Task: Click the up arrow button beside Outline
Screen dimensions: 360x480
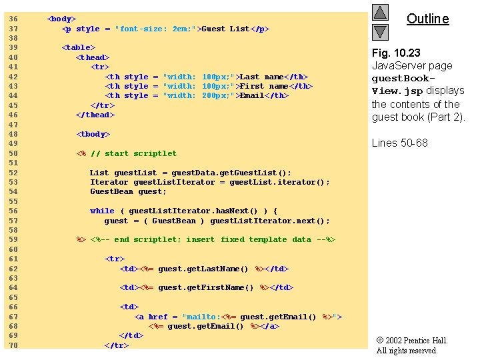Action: pos(380,12)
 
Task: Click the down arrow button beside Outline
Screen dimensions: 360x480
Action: pos(380,31)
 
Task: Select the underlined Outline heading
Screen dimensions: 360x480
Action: pos(427,19)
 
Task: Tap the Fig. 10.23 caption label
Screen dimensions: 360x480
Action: pos(396,53)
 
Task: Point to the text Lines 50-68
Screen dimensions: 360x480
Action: pos(399,143)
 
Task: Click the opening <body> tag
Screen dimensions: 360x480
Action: pos(61,19)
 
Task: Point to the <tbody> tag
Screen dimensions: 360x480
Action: pos(94,134)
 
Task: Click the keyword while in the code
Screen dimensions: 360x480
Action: pos(102,211)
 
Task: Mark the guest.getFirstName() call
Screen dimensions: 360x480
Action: pos(206,287)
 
